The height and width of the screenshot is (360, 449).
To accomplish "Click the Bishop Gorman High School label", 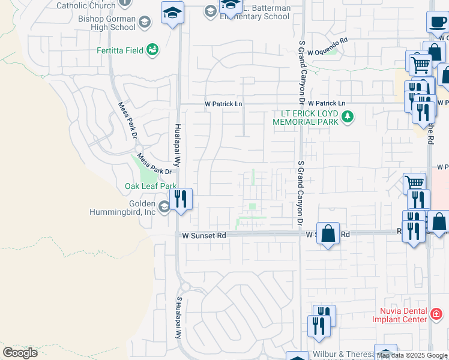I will [107, 23].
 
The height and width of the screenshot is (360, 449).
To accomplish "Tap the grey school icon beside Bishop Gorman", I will [145, 23].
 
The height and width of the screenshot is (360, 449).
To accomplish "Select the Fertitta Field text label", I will [120, 50].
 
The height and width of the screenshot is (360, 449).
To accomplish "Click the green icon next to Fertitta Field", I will [152, 49].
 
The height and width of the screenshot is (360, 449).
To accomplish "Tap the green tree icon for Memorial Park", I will [347, 116].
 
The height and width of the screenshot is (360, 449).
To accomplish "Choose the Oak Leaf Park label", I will [151, 186].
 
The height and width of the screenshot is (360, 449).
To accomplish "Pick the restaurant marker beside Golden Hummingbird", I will [181, 199].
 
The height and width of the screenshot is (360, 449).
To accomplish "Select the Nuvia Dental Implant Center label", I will [403, 315].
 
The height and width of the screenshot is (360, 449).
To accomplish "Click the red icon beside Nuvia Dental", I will [436, 313].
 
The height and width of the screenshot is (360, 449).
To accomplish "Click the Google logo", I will [20, 352].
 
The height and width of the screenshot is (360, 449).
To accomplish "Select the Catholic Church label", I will [85, 5].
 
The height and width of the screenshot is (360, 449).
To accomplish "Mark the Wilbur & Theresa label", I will [341, 355].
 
